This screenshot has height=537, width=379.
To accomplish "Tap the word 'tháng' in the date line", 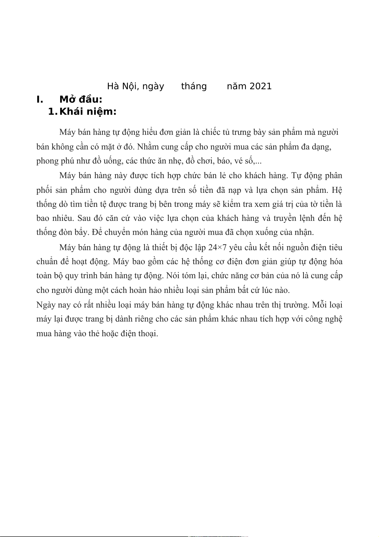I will (194, 86).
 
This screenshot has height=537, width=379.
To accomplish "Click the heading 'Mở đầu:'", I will (81, 99).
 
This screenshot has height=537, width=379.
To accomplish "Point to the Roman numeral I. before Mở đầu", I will (40, 99).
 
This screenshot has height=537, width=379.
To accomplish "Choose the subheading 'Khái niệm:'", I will (88, 112).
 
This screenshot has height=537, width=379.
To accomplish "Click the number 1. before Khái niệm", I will (53, 112).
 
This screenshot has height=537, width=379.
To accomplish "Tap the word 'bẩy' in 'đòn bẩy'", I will (81, 232).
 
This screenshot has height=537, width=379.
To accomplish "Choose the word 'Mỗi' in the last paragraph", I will (318, 305).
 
